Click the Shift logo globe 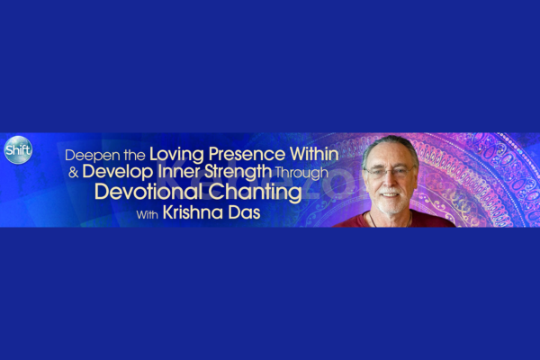click(18, 150)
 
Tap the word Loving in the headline click(176, 155)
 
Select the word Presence click(247, 154)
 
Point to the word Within click(314, 154)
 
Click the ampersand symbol click(74, 173)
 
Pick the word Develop click(118, 172)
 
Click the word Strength click(238, 172)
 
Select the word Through click(301, 173)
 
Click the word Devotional click(149, 192)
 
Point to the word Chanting click(256, 193)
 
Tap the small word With click(147, 214)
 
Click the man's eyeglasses click(390, 171)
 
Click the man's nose click(389, 180)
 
